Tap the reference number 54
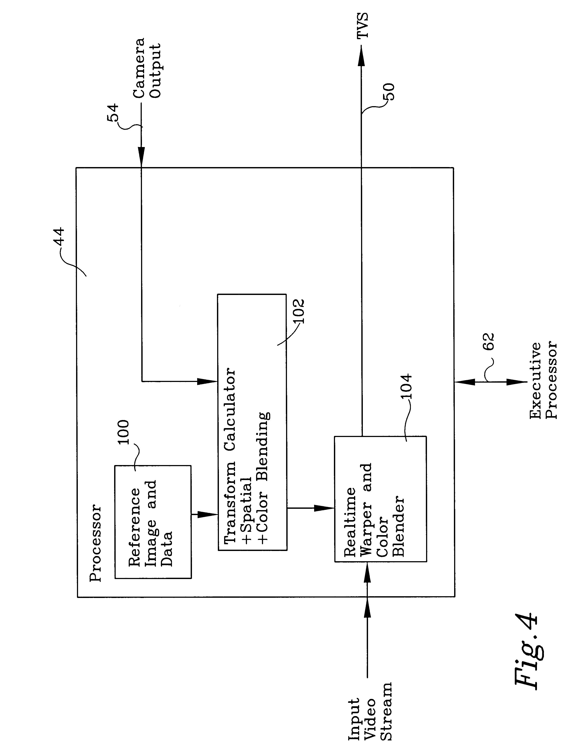pyautogui.click(x=113, y=112)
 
